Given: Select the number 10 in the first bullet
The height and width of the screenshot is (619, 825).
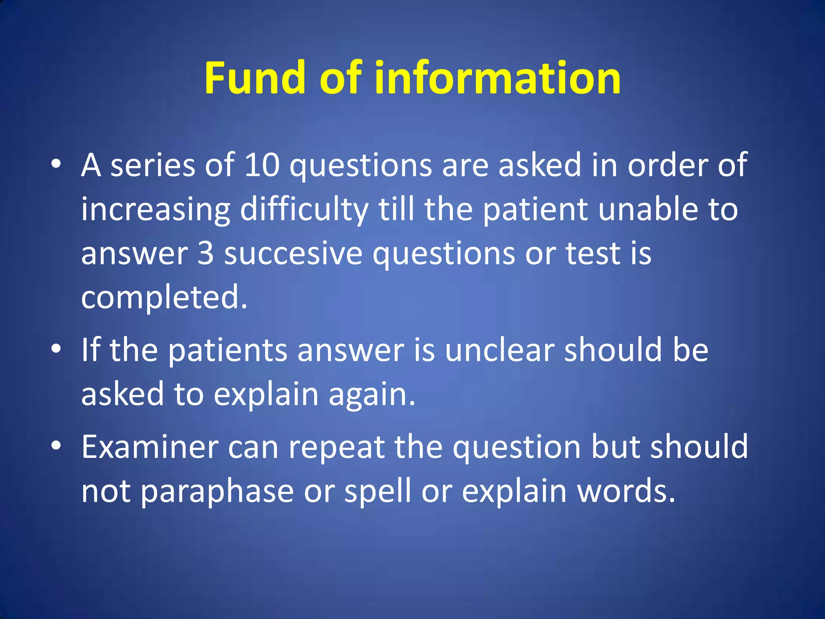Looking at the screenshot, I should tap(262, 165).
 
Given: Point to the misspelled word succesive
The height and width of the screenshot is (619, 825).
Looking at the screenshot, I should tap(293, 254).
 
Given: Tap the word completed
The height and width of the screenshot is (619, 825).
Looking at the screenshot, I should tap(164, 297).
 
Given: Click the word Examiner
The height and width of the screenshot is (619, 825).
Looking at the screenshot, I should tap(150, 447).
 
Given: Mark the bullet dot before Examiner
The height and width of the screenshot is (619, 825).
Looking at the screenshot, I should tap(56, 445).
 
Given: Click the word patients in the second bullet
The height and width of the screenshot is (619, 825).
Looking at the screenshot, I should tap(227, 351).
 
